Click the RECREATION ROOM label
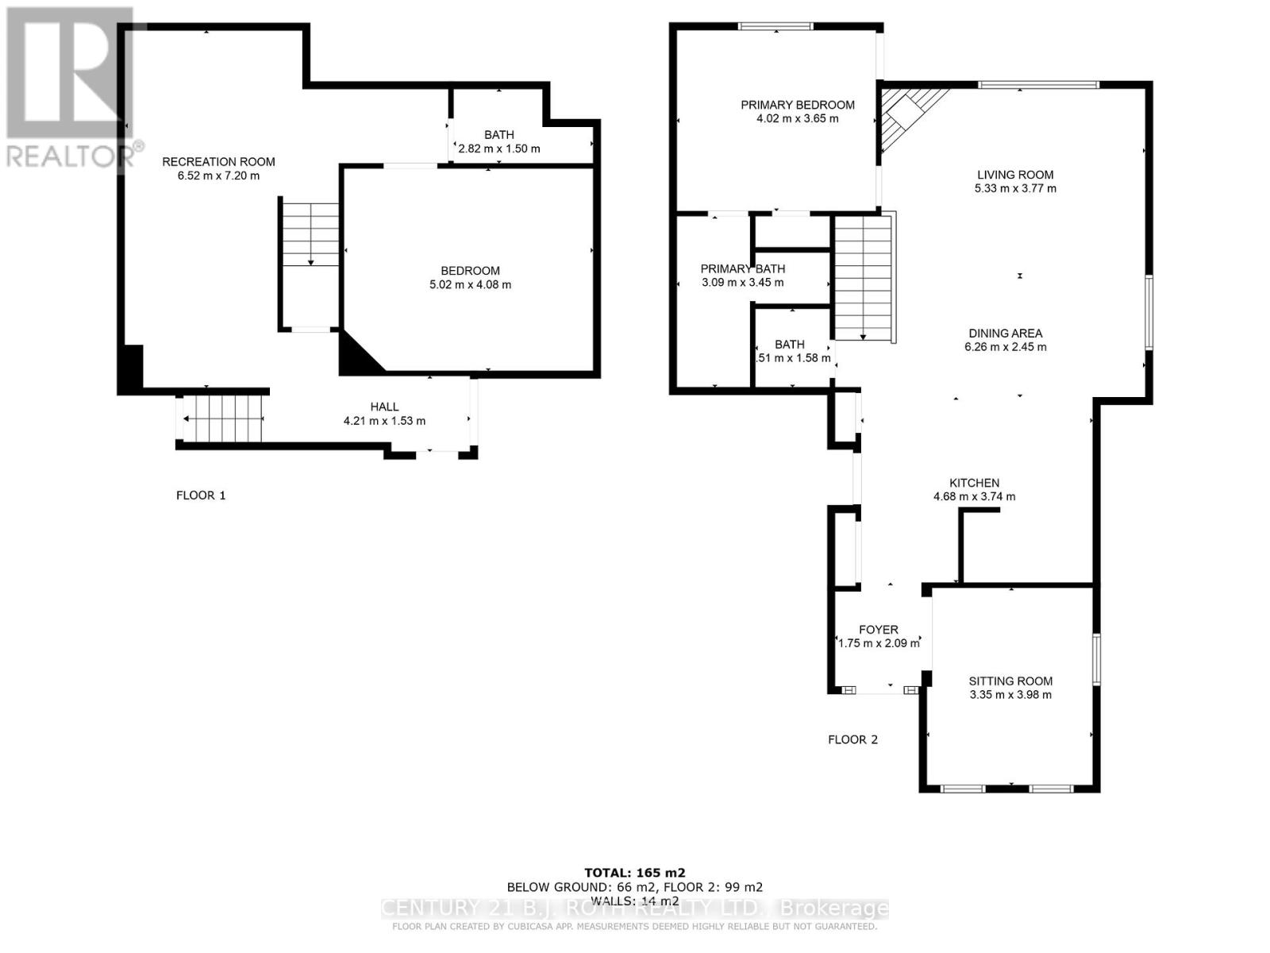click(218, 162)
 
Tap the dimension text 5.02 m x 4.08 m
click(470, 284)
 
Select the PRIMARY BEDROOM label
click(798, 105)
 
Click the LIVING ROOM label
click(1015, 175)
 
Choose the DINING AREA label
click(1005, 334)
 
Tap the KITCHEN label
click(974, 483)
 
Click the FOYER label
click(878, 630)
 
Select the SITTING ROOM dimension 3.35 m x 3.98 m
click(1010, 695)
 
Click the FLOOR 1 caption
click(201, 496)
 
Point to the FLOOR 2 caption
click(852, 739)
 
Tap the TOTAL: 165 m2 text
click(634, 872)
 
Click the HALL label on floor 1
click(384, 407)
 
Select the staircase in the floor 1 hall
click(223, 418)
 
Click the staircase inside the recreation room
click(310, 234)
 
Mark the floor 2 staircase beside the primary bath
click(862, 278)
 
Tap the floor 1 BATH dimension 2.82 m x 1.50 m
click(498, 149)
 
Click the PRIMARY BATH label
click(742, 269)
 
